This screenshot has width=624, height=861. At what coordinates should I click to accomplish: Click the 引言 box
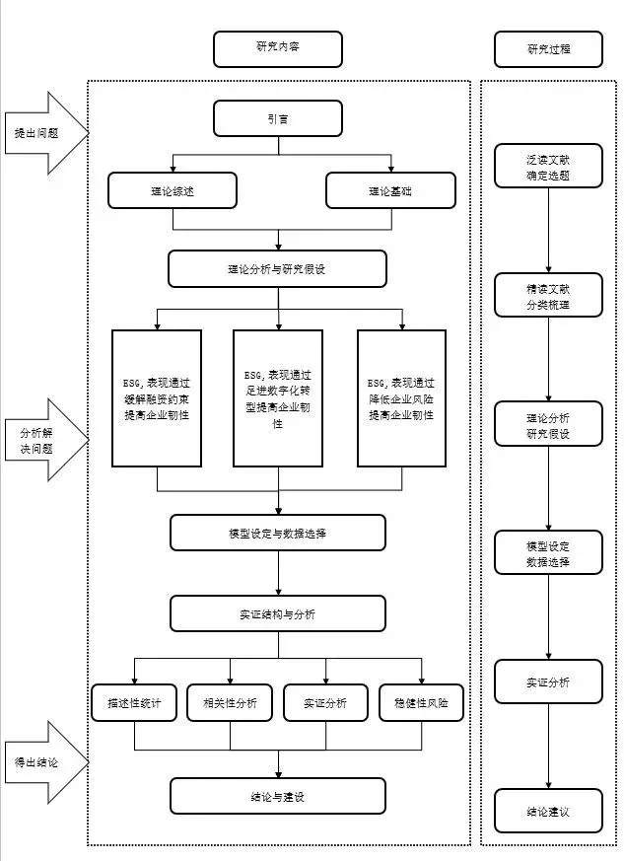click(x=277, y=120)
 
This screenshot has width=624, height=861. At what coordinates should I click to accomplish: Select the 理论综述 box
click(x=173, y=190)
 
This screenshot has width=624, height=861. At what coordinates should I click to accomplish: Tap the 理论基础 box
click(x=390, y=190)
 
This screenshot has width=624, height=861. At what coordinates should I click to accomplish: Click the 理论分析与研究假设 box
click(x=277, y=268)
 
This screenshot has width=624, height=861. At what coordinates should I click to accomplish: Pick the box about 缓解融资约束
click(x=157, y=397)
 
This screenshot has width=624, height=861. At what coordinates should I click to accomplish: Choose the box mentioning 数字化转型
click(x=277, y=397)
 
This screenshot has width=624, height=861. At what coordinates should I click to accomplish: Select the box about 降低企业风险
click(x=401, y=397)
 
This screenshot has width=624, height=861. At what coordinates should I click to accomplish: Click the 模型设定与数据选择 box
click(x=277, y=533)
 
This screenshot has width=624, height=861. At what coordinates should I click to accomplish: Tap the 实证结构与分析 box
click(x=277, y=613)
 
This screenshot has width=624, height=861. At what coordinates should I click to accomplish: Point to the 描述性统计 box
click(x=133, y=702)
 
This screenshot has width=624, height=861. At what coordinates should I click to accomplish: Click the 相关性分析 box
click(x=230, y=702)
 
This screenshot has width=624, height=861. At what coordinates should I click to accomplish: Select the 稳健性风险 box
click(x=421, y=702)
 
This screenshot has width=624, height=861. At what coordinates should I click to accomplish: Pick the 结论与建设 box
click(x=277, y=796)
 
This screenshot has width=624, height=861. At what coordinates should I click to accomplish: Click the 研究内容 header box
click(x=278, y=48)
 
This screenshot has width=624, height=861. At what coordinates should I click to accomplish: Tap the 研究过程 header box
click(x=548, y=48)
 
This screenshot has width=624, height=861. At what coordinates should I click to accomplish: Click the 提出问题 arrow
click(x=43, y=133)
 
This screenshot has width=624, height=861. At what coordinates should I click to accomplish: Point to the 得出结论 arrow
click(x=43, y=762)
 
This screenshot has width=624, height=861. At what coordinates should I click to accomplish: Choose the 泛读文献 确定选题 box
click(x=548, y=168)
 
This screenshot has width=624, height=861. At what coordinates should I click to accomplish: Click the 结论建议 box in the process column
click(x=548, y=812)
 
